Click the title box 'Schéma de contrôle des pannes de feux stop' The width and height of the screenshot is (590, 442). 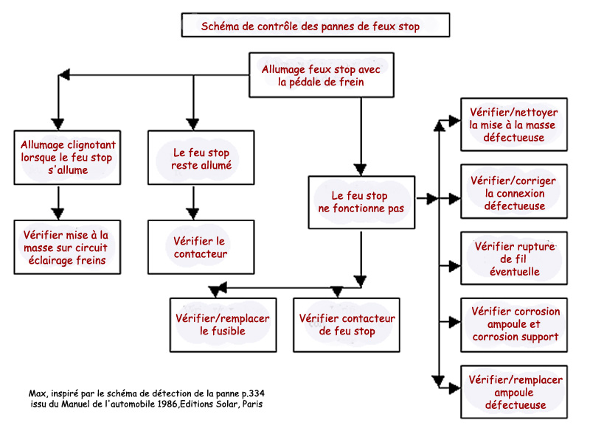[316, 25]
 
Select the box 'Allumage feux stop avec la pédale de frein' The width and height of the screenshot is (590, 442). [322, 75]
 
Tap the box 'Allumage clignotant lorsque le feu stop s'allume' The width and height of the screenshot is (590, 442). [67, 158]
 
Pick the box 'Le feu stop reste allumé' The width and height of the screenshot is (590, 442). [201, 158]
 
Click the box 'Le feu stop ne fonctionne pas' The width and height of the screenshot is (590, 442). [361, 202]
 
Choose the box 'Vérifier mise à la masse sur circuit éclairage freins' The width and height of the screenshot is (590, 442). [67, 248]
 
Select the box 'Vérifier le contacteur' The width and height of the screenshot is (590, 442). [201, 248]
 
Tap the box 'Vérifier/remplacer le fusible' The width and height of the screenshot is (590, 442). [223, 325]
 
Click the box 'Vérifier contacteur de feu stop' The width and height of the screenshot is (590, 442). [347, 325]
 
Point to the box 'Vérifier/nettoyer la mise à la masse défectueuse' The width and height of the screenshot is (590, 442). [514, 124]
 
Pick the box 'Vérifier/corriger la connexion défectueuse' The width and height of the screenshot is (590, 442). [514, 192]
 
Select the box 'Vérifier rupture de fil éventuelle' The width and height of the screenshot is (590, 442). [514, 259]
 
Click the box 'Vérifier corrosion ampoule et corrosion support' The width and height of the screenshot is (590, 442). [514, 325]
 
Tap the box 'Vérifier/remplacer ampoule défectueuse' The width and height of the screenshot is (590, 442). [514, 392]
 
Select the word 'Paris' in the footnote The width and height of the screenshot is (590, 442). [252, 404]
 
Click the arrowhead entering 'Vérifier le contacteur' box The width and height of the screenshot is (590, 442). [193, 214]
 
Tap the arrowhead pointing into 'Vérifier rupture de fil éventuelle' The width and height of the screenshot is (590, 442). [454, 266]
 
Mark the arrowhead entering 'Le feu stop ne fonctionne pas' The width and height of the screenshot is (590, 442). [361, 169]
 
